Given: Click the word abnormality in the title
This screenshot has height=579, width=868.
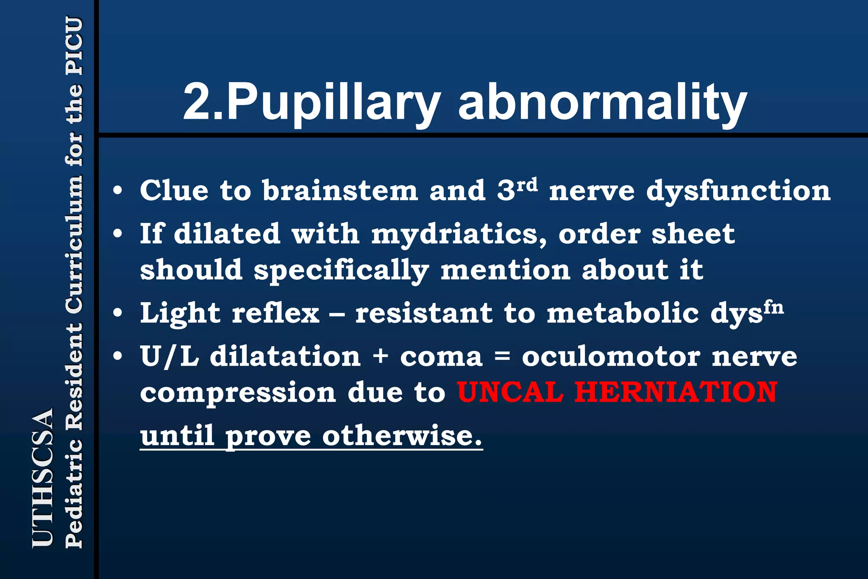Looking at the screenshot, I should click(602, 103).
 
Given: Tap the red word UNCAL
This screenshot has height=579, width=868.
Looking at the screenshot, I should click(510, 392).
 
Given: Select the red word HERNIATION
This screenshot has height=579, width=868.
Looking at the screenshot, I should click(676, 392).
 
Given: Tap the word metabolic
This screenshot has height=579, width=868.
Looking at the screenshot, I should click(623, 314).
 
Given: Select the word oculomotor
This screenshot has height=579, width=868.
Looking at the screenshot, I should click(611, 357).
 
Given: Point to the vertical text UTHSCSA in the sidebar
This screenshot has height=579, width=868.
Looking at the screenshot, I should click(43, 477).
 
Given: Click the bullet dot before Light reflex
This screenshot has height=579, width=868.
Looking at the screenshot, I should click(118, 313).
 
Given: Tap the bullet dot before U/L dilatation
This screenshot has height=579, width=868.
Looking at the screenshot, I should click(118, 356).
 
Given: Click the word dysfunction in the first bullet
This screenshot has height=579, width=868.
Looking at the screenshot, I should click(738, 191).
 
